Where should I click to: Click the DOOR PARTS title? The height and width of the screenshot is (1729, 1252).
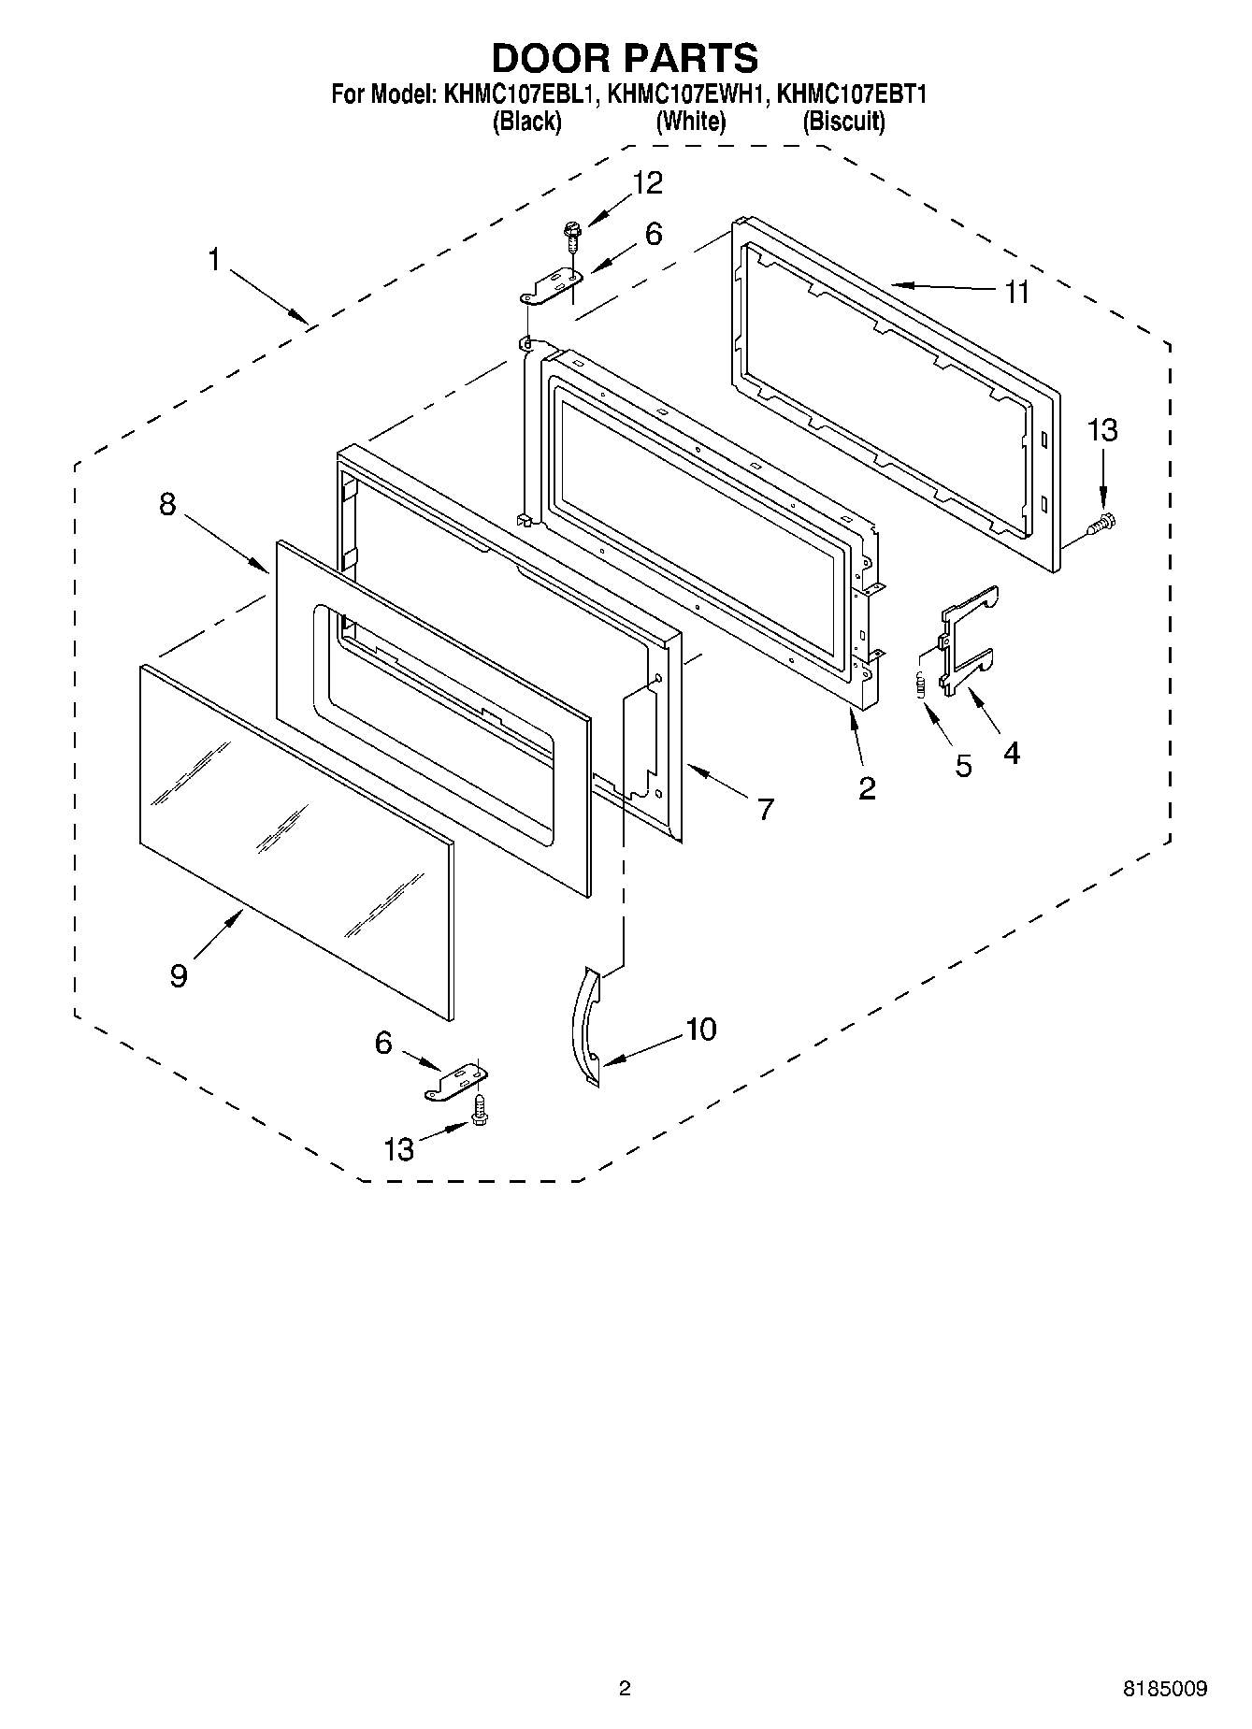pyautogui.click(x=625, y=58)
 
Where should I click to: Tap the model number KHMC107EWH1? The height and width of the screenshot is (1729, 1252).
pyautogui.click(x=687, y=94)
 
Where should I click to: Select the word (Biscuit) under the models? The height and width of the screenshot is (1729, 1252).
pyautogui.click(x=843, y=122)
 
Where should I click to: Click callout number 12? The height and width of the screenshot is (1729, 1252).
pyautogui.click(x=647, y=183)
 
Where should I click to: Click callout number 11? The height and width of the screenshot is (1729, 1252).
pyautogui.click(x=1016, y=293)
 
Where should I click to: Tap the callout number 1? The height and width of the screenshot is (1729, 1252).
pyautogui.click(x=214, y=259)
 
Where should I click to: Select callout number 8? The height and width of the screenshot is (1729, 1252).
pyautogui.click(x=167, y=505)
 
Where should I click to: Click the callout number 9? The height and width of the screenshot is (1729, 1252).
pyautogui.click(x=179, y=975)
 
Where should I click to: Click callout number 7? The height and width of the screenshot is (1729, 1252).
pyautogui.click(x=766, y=809)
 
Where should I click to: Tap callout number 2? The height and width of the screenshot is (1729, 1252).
pyautogui.click(x=867, y=788)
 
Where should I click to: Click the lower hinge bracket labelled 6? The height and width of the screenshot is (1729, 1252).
pyautogui.click(x=459, y=1083)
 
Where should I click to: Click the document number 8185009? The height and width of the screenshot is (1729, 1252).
pyautogui.click(x=1164, y=1689)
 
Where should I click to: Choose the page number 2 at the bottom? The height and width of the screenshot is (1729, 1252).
pyautogui.click(x=625, y=1688)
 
